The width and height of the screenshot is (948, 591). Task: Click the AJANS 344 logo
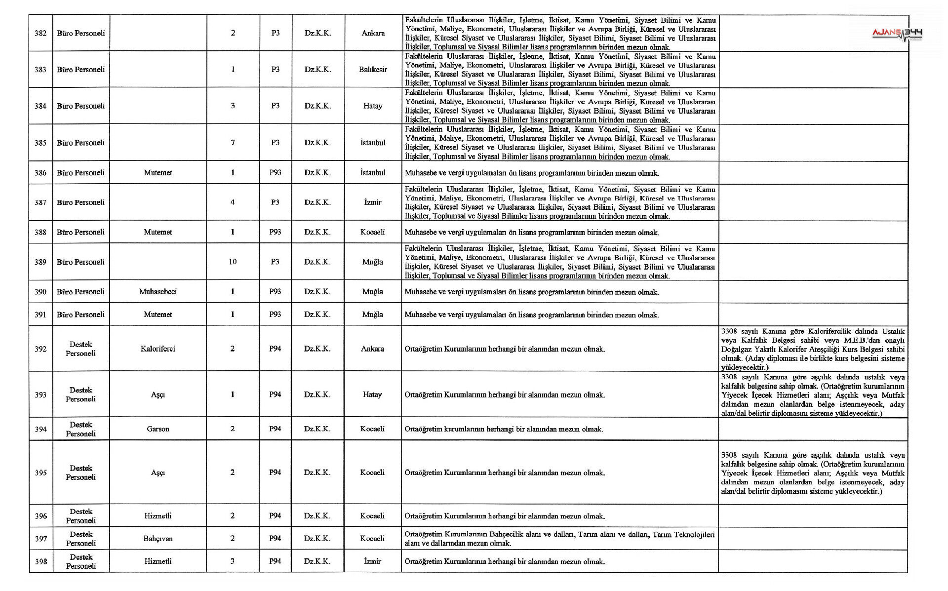pyautogui.click(x=897, y=34)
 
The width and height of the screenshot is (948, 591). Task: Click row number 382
pyautogui.click(x=40, y=33)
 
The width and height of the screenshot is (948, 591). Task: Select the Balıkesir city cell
pyautogui.click(x=373, y=70)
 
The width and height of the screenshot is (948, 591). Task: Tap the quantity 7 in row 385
pyautogui.click(x=233, y=143)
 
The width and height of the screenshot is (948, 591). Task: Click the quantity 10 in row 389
pyautogui.click(x=233, y=262)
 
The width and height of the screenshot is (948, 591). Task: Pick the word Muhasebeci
pyautogui.click(x=158, y=292)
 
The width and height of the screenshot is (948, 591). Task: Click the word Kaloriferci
pyautogui.click(x=158, y=349)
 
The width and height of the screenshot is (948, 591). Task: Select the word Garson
pyautogui.click(x=158, y=429)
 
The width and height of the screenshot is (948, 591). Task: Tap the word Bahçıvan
pyautogui.click(x=158, y=539)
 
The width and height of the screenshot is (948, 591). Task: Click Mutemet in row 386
pyautogui.click(x=158, y=173)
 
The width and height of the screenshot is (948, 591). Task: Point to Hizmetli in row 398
pyautogui.click(x=158, y=561)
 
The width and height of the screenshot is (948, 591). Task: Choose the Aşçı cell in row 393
pyautogui.click(x=158, y=394)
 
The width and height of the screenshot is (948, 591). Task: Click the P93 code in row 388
pyautogui.click(x=275, y=232)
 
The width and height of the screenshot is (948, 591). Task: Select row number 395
pyautogui.click(x=40, y=473)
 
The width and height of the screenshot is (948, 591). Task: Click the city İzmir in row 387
pyautogui.click(x=373, y=202)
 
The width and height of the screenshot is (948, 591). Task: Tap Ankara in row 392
pyautogui.click(x=373, y=349)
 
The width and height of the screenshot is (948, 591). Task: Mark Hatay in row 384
pyautogui.click(x=373, y=106)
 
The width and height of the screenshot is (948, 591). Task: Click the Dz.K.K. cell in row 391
pyautogui.click(x=317, y=315)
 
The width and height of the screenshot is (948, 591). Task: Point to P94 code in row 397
pyautogui.click(x=275, y=539)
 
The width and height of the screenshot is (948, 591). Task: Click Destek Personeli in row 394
pyautogui.click(x=81, y=429)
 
